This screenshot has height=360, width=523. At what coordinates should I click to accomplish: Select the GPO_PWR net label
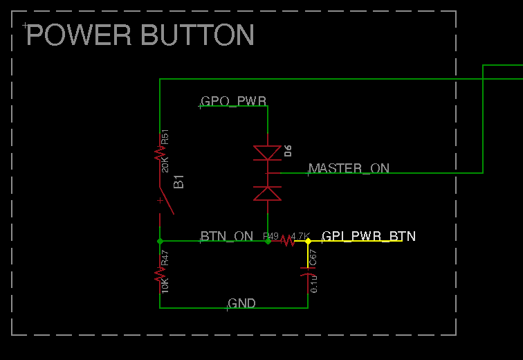click(x=233, y=102)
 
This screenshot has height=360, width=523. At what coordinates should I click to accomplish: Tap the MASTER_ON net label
click(x=349, y=168)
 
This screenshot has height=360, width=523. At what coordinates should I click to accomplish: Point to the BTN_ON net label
click(x=227, y=236)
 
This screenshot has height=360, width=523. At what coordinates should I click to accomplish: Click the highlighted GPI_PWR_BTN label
click(x=369, y=236)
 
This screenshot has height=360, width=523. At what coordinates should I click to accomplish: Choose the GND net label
click(x=242, y=303)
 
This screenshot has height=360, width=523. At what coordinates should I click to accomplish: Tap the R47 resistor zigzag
click(x=160, y=276)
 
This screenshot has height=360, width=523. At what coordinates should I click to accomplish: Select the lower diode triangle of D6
click(x=267, y=193)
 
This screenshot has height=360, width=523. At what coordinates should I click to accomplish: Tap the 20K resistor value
click(x=165, y=165)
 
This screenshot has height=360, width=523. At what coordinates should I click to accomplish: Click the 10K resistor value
click(x=165, y=285)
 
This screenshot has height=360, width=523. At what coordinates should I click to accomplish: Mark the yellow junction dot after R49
click(x=308, y=241)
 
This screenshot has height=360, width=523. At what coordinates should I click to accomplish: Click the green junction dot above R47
click(x=160, y=241)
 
